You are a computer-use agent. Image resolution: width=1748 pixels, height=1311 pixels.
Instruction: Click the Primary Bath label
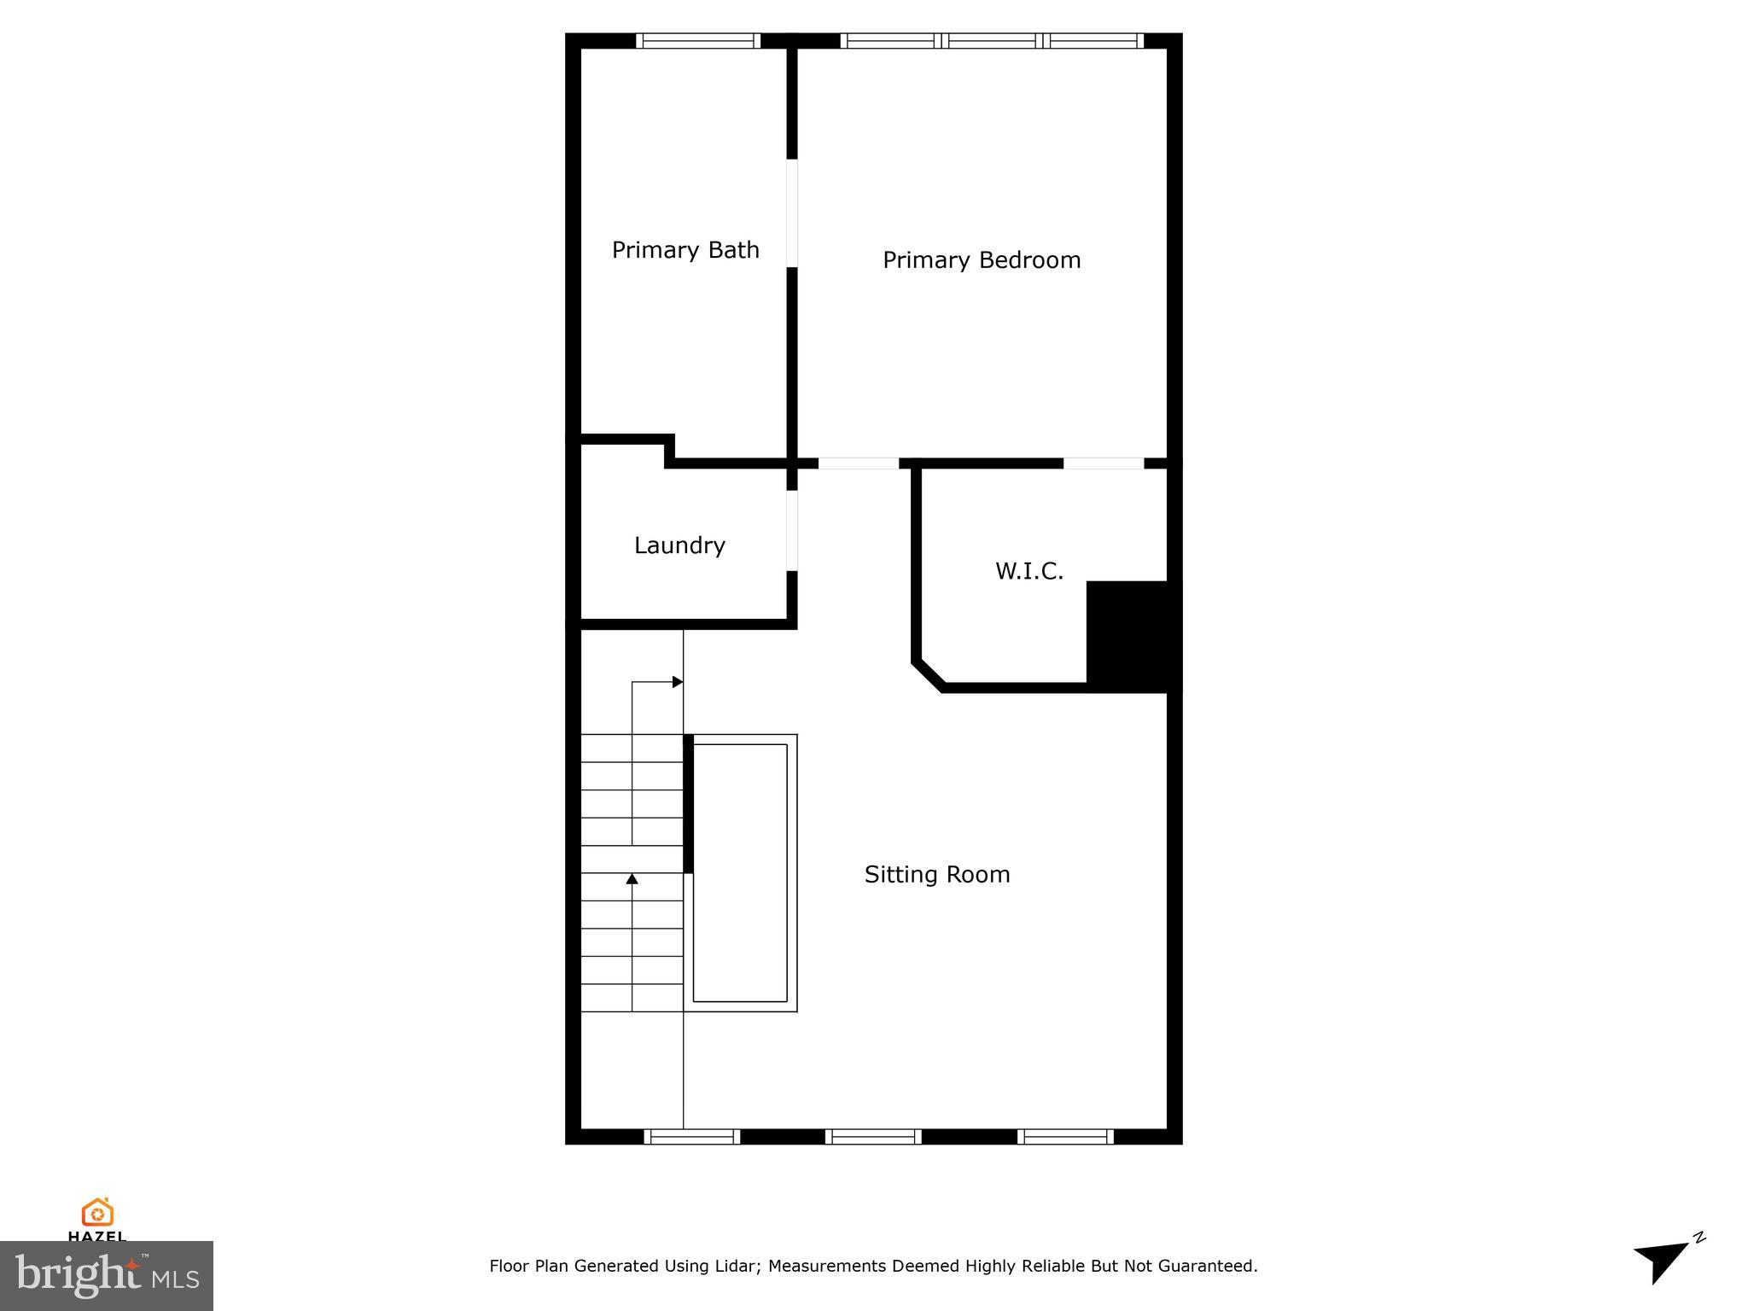pos(685,250)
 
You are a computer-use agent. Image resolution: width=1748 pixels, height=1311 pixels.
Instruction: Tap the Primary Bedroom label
pos(982,260)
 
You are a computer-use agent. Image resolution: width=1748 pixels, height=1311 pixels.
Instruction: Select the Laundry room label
pos(679,545)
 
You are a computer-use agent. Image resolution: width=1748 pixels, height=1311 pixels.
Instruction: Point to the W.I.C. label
pos(1029,571)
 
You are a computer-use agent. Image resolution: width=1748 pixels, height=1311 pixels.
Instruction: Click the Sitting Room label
pos(937,874)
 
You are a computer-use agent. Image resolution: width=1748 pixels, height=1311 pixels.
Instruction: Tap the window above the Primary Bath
pos(698,41)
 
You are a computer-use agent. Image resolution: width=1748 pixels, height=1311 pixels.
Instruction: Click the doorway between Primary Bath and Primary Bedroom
pos(792,213)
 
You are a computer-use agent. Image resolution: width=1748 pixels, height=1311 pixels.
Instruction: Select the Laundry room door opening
pos(792,531)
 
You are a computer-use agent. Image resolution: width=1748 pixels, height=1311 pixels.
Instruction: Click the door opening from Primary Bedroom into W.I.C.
pos(1103,463)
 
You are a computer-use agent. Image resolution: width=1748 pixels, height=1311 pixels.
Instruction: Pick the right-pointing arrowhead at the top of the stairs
pos(678,682)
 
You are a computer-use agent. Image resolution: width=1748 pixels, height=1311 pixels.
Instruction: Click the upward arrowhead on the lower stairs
pos(632,878)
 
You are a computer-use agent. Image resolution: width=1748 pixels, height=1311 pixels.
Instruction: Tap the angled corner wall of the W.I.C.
pos(929,674)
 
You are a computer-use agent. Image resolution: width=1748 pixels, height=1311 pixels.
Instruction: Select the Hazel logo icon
pos(97,1212)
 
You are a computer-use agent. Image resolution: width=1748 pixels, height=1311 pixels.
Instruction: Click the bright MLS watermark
pos(106,1275)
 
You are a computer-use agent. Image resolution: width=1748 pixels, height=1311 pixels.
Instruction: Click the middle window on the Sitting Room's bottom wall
pos(873,1136)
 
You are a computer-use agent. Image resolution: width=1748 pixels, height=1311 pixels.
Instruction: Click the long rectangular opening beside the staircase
pos(740,872)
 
